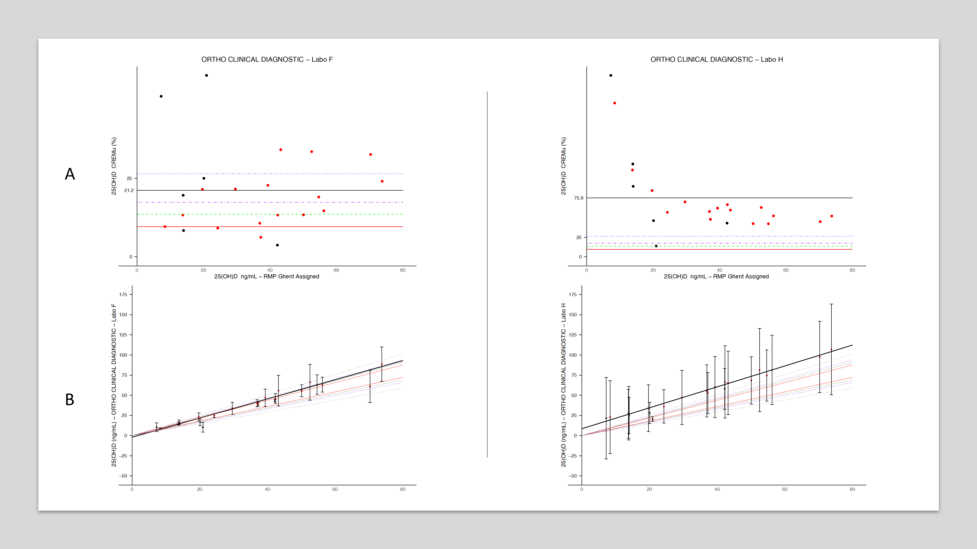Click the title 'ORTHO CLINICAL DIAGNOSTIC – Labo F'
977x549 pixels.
coord(267,60)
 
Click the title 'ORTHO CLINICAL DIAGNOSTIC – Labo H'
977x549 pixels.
coord(716,60)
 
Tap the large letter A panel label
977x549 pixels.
coord(70,174)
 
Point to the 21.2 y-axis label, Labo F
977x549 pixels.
coord(129,190)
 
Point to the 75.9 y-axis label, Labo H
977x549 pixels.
coord(578,198)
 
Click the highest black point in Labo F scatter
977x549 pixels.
coord(206,75)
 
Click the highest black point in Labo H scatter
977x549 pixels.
coord(611,75)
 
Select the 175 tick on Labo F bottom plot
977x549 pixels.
coord(123,295)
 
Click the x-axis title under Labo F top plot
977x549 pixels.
coord(267,277)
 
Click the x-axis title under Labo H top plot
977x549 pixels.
coord(716,277)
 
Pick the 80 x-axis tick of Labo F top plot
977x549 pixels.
coord(403,270)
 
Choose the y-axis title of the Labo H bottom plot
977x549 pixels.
coord(563,385)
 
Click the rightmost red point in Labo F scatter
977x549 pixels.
coord(382,181)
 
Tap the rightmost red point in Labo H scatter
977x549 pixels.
coord(832,216)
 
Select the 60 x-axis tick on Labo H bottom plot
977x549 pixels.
coord(785,489)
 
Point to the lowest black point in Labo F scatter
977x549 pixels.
coord(277,245)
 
